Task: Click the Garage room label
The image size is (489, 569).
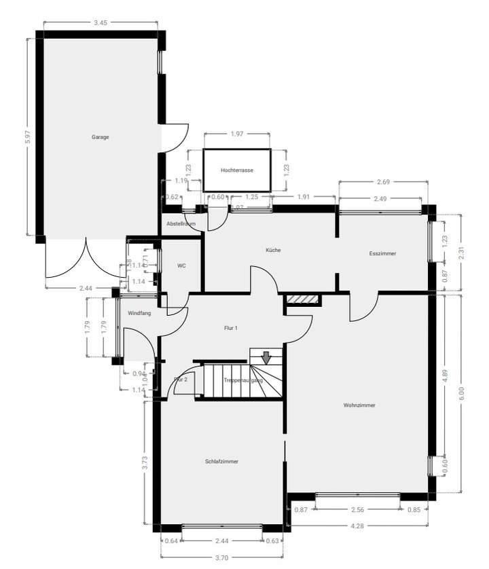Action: click(101, 137)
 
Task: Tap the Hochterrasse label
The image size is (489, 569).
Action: click(237, 170)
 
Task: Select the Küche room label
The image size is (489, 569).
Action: click(273, 251)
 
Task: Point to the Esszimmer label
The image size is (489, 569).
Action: click(382, 254)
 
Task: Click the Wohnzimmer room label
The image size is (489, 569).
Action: click(359, 405)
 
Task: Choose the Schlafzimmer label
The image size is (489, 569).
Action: click(221, 461)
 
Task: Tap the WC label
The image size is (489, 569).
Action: click(181, 265)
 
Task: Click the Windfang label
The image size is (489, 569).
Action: click(139, 313)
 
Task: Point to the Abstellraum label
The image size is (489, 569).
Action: click(181, 223)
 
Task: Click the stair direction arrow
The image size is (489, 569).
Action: click(266, 356)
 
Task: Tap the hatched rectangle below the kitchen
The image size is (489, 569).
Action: click(303, 299)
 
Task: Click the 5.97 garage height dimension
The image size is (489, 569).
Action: click(28, 136)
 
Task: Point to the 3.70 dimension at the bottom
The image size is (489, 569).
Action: click(221, 556)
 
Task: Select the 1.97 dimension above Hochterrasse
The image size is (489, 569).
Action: click(237, 134)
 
